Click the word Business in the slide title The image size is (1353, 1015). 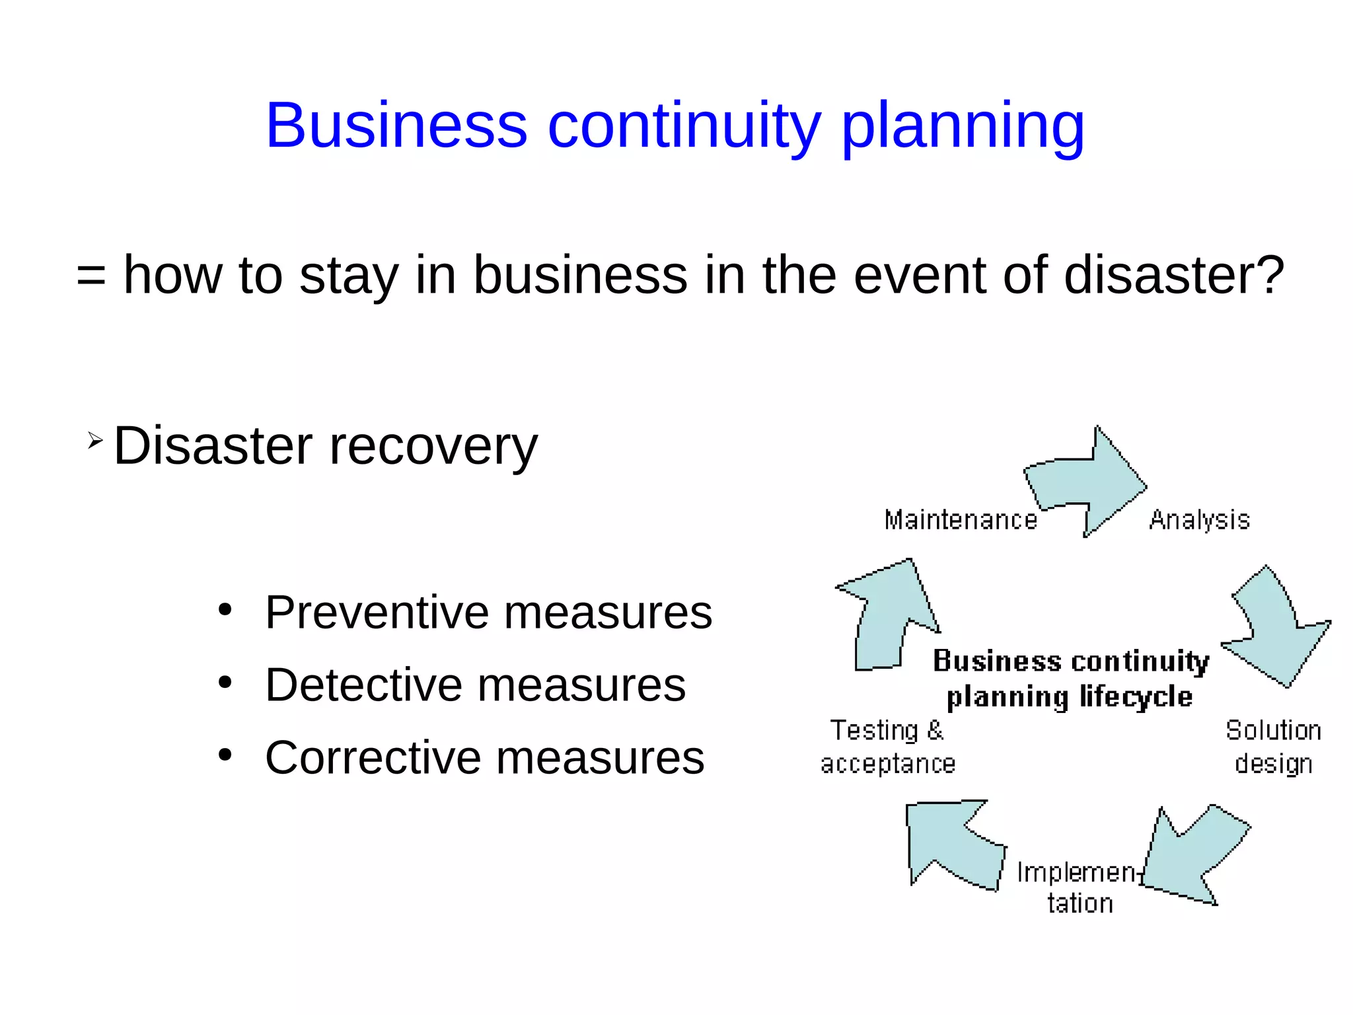point(396,126)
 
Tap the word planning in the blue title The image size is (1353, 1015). point(963,127)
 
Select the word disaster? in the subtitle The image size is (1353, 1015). point(1174,275)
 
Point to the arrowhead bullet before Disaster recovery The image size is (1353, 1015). point(95,441)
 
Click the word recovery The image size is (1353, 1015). point(433,447)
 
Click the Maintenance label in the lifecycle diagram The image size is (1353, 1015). point(961,520)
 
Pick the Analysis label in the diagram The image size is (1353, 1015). point(1199,520)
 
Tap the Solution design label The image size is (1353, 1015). point(1273,747)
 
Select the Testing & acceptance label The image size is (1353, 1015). point(887,747)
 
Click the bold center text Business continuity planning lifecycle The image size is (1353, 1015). point(1070,679)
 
